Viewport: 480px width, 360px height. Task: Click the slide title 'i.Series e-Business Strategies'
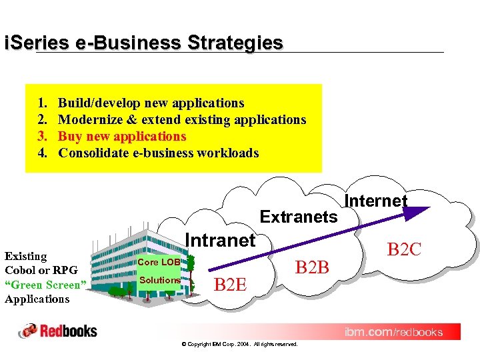pos(144,43)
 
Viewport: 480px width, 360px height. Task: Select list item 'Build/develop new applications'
pos(151,103)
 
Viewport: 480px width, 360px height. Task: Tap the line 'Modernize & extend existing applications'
pos(182,119)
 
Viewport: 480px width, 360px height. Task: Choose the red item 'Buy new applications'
pos(123,136)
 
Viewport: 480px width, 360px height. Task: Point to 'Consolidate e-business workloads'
pos(159,153)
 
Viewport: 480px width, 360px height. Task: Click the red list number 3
pos(41,136)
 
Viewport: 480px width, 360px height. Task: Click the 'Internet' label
pos(376,201)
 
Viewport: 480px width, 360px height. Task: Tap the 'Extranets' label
pos(299,217)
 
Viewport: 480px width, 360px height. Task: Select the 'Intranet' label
pos(220,240)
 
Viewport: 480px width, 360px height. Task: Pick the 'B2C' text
pos(405,249)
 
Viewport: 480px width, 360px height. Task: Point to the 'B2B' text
pos(313,267)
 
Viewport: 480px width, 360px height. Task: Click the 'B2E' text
pos(230,285)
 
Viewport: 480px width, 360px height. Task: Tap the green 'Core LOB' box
pos(159,263)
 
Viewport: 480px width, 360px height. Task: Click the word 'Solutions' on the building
pos(159,280)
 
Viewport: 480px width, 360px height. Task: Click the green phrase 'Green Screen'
pos(46,285)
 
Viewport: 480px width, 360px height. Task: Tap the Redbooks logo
pos(58,331)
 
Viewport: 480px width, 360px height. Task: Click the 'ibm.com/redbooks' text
pos(393,331)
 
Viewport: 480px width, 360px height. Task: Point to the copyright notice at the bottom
pos(239,344)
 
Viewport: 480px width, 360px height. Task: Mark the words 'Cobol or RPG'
pos(41,270)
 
